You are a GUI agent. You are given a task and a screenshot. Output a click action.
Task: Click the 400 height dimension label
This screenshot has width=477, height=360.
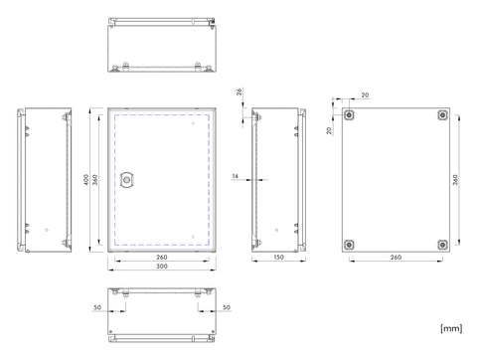coord(86,180)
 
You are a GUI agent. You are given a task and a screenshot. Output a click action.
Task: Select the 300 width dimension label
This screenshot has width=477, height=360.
coord(162,267)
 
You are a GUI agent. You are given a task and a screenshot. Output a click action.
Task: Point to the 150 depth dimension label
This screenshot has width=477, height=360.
coord(278,257)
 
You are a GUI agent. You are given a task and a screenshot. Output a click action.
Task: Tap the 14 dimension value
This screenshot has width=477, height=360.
coord(235,176)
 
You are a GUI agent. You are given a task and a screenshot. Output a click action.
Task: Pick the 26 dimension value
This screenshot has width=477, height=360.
coord(239,91)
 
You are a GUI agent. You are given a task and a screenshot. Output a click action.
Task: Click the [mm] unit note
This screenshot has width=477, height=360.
coord(451,328)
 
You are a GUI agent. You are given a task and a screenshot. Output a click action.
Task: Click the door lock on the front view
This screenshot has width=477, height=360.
coord(126,180)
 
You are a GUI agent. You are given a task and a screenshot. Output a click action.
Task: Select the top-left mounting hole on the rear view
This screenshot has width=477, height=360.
coord(349,115)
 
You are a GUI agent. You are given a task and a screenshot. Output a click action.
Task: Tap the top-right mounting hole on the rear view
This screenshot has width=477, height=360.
coord(442,115)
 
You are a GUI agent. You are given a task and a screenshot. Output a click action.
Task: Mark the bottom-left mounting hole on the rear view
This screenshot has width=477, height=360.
coord(349,245)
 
